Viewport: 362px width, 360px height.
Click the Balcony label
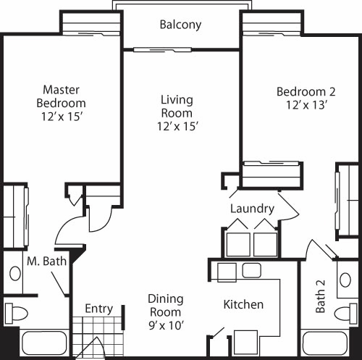click(x=180, y=25)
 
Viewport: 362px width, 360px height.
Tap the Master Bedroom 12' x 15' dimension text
click(x=62, y=117)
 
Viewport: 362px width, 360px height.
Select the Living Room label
click(x=177, y=106)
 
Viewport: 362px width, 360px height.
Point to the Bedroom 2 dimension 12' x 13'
click(x=306, y=105)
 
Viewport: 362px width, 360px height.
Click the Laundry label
click(x=252, y=209)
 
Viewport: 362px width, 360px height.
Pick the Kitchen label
click(x=243, y=304)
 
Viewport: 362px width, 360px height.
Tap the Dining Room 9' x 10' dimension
click(x=167, y=325)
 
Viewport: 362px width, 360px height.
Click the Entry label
click(x=99, y=309)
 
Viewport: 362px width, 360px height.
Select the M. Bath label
click(x=46, y=261)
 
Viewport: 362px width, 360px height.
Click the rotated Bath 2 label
click(x=321, y=296)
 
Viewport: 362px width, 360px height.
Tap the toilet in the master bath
click(x=17, y=313)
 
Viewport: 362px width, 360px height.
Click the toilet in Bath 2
click(x=345, y=313)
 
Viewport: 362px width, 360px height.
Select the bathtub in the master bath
click(x=44, y=343)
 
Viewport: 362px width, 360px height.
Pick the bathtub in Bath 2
click(x=325, y=343)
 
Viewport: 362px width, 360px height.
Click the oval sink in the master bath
click(x=15, y=273)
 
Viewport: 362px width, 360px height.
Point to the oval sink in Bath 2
click(x=345, y=280)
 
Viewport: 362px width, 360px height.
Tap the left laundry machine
click(x=238, y=245)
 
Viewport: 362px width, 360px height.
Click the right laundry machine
click(x=265, y=245)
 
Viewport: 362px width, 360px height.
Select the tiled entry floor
click(x=98, y=337)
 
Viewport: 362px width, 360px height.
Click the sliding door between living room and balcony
click(x=162, y=50)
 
